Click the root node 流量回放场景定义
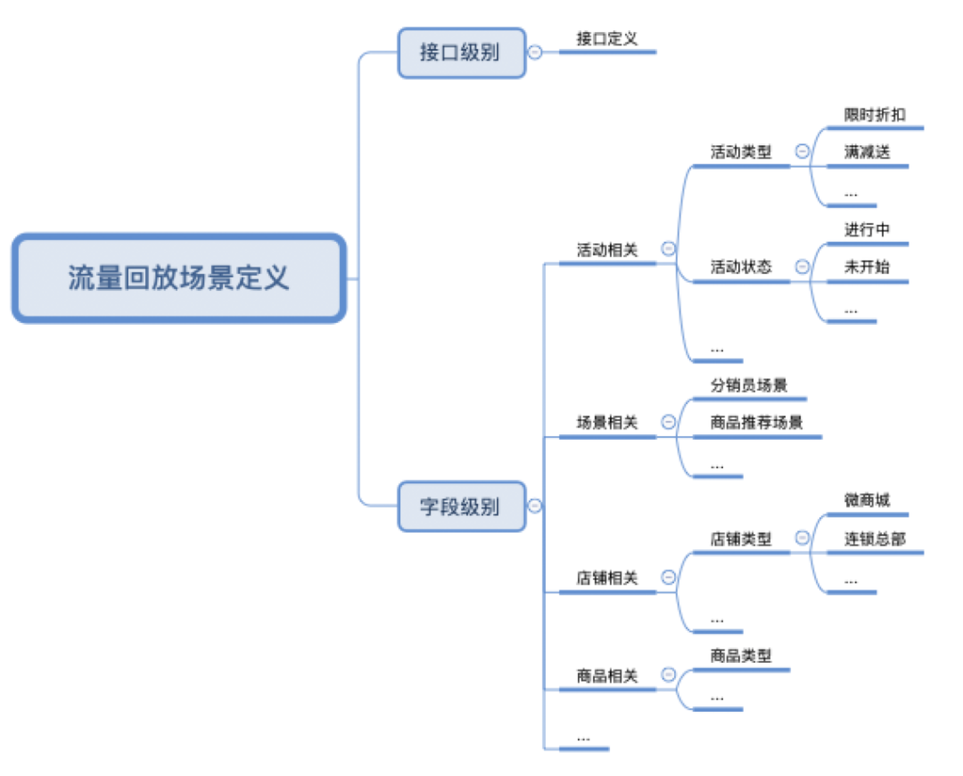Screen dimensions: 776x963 (178, 277)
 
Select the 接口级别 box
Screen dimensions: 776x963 (461, 53)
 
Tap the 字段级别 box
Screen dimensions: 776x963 (461, 507)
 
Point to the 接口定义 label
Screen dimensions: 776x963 (606, 39)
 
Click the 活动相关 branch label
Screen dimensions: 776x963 (607, 251)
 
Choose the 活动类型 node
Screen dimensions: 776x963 (741, 153)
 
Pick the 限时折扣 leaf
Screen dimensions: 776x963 (875, 115)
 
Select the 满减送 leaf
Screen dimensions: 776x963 (867, 153)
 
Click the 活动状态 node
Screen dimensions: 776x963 (741, 267)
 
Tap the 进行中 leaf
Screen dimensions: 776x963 (867, 229)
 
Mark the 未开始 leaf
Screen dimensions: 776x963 (867, 267)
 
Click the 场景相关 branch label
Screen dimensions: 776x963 (607, 423)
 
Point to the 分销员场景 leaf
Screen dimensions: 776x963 (749, 386)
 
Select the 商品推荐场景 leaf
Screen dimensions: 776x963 (757, 423)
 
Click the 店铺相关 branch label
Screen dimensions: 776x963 (607, 578)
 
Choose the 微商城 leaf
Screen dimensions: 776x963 (867, 500)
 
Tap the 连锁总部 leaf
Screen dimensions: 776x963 (875, 539)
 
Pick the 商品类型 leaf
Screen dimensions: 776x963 (741, 656)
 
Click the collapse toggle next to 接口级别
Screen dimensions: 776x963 (534, 53)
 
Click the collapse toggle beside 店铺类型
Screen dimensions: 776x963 (802, 538)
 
